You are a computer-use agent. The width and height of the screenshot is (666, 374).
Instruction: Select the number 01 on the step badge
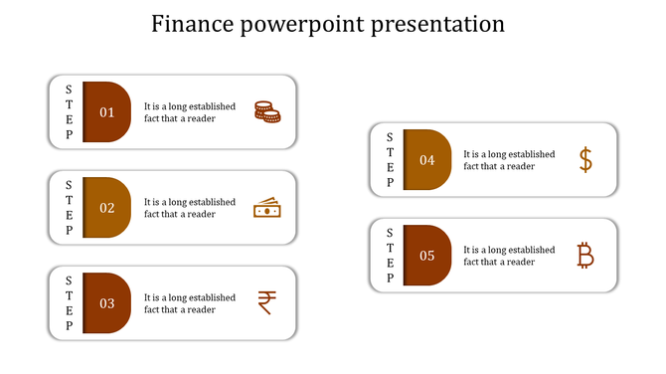pyautogui.click(x=107, y=112)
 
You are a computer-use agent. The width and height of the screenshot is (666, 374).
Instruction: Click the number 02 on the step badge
pyautogui.click(x=107, y=208)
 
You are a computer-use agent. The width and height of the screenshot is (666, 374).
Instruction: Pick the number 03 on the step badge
pyautogui.click(x=107, y=303)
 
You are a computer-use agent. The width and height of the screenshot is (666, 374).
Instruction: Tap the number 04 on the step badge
pyautogui.click(x=427, y=160)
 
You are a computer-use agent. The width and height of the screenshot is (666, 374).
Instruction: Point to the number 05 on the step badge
pyautogui.click(x=427, y=256)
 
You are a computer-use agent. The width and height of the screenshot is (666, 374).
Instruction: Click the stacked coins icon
pyautogui.click(x=266, y=111)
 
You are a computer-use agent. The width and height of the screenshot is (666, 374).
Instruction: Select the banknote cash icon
pyautogui.click(x=266, y=208)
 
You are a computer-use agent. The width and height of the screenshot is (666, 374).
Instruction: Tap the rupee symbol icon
pyautogui.click(x=266, y=302)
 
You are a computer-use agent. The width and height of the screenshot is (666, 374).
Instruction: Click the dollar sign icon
pyautogui.click(x=585, y=159)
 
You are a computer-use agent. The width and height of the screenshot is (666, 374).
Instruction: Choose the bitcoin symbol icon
pyautogui.click(x=585, y=256)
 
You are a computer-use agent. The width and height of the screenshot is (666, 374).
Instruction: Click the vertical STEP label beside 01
pyautogui.click(x=69, y=112)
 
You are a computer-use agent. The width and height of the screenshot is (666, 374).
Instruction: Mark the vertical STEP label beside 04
pyautogui.click(x=390, y=160)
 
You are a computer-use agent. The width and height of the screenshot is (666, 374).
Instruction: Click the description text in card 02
pyautogui.click(x=190, y=208)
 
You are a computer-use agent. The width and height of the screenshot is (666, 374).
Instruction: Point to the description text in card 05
pyautogui.click(x=509, y=256)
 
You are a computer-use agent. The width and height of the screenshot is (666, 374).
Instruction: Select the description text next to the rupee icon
pyautogui.click(x=190, y=303)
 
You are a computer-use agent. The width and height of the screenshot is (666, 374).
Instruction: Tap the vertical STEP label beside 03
pyautogui.click(x=69, y=303)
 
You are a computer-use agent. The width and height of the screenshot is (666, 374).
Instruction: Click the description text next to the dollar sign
pyautogui.click(x=509, y=160)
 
